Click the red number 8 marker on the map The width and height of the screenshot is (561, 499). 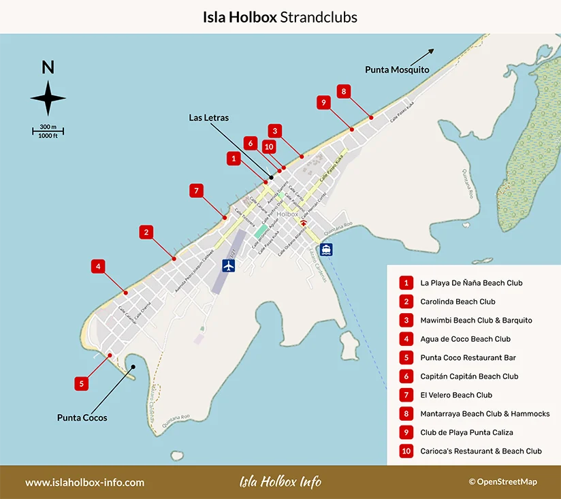(x=344, y=91)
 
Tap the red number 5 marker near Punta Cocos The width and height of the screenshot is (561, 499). (x=81, y=383)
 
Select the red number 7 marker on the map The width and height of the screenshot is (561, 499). (x=196, y=191)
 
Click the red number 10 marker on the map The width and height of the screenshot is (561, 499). (x=269, y=146)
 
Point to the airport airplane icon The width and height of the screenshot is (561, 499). (x=228, y=265)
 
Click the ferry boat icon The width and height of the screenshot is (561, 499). (x=327, y=249)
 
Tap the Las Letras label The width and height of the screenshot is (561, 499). (x=208, y=118)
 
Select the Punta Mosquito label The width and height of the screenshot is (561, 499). (x=397, y=69)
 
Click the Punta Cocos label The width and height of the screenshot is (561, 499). (x=82, y=417)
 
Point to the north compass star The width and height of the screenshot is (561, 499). (x=48, y=98)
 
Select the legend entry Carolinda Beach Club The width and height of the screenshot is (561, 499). (x=458, y=302)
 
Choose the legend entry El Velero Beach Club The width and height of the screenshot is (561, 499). (x=456, y=395)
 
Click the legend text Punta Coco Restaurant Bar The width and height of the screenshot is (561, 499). (x=468, y=357)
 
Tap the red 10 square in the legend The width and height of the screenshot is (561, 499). (x=406, y=451)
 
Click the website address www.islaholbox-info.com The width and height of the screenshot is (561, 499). (x=85, y=482)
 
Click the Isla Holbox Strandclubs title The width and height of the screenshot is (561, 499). (x=280, y=16)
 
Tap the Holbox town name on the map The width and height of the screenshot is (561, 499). (x=288, y=214)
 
